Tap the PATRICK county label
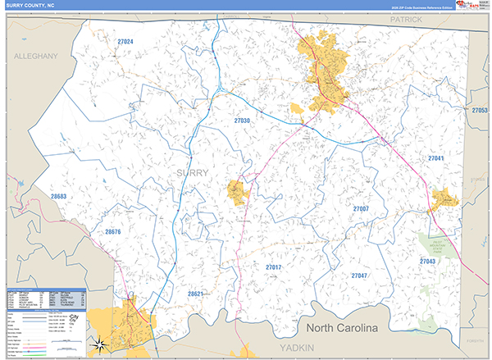405,18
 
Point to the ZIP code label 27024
125,41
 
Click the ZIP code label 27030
242,121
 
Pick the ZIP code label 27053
480,109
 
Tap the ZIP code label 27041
436,157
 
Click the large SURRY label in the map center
192,172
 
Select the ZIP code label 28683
58,197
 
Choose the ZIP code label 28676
113,232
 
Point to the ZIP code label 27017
273,267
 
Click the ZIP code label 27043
427,261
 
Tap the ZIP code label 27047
358,276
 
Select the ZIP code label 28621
195,293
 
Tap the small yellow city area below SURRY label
239,192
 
